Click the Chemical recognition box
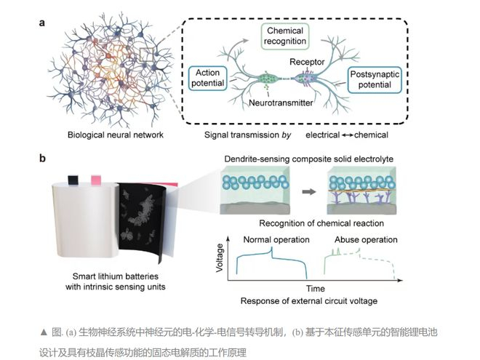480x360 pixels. click(285, 36)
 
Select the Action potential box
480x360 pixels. click(207, 78)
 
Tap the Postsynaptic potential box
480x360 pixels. click(375, 79)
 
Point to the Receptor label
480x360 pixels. click(307, 62)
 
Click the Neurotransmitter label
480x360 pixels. click(281, 103)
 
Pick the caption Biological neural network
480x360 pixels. click(116, 135)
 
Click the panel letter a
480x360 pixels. click(42, 23)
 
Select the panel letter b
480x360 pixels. click(43, 159)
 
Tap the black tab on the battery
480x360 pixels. click(73, 180)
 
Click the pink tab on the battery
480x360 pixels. click(96, 180)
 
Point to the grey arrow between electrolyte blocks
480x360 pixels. click(308, 192)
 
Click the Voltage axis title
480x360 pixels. click(220, 257)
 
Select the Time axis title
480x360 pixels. click(316, 289)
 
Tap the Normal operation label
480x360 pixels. click(276, 240)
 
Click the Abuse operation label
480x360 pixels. click(366, 240)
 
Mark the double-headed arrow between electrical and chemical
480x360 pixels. click(347, 135)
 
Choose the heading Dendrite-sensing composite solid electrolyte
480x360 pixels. click(309, 159)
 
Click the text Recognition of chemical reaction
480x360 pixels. click(321, 223)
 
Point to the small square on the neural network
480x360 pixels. click(147, 55)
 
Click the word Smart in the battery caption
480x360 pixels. click(83, 276)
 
